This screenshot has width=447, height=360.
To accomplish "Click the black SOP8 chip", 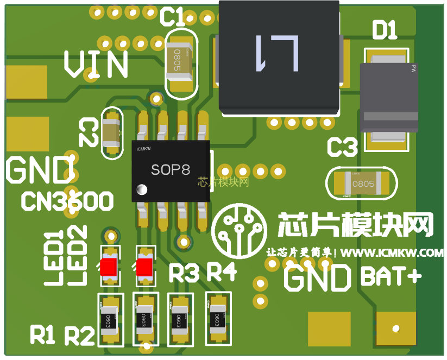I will click(x=171, y=171).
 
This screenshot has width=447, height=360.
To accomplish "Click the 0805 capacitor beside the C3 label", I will click(x=361, y=184).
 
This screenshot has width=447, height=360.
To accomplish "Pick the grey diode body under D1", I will click(x=389, y=98).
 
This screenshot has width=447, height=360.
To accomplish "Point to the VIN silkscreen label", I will click(x=96, y=65).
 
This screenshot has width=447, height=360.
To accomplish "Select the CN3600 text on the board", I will click(x=67, y=202).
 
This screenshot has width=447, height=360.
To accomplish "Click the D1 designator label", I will click(x=385, y=30).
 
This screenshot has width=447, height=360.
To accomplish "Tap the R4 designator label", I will click(x=222, y=272).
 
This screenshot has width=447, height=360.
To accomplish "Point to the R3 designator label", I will click(x=184, y=273).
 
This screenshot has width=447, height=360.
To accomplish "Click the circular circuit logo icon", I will click(x=240, y=229).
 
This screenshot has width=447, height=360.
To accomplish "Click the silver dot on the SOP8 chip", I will click(x=143, y=190).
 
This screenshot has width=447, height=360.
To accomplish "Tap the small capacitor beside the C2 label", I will click(x=111, y=134).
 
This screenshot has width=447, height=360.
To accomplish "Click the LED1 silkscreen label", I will click(x=53, y=258).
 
